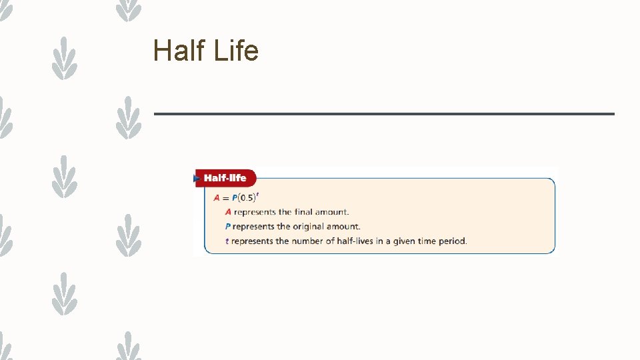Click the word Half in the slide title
click(x=179, y=51)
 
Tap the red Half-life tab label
click(x=225, y=178)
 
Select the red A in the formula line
click(x=217, y=198)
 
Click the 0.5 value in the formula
click(x=247, y=198)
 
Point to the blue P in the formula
click(x=235, y=198)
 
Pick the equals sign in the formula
click(x=226, y=198)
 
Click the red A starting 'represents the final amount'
click(x=228, y=212)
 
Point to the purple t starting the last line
click(x=227, y=241)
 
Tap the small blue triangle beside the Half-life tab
click(x=197, y=178)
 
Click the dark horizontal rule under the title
click(x=384, y=114)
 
